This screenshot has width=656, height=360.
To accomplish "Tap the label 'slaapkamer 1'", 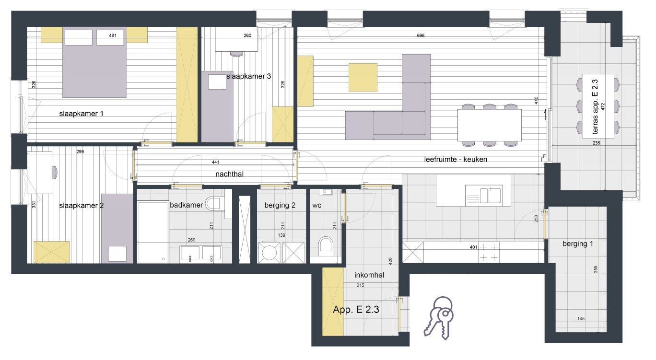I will [81, 114].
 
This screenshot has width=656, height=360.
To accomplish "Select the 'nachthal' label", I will [229, 174].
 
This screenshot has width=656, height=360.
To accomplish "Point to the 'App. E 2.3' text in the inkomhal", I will [356, 310].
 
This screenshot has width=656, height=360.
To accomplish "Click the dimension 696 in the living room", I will [421, 35].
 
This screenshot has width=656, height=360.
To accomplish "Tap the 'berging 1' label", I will [578, 244].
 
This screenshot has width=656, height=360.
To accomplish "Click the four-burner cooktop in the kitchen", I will [489, 252].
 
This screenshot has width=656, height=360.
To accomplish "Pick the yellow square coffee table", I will [363, 77].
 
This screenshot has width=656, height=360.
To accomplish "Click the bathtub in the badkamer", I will [153, 232].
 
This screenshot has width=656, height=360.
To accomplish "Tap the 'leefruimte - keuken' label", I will [456, 159].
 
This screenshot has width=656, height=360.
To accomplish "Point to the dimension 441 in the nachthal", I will [221, 163].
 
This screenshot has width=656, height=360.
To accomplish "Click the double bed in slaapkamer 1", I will [95, 62].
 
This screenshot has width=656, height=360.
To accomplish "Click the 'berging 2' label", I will [280, 205].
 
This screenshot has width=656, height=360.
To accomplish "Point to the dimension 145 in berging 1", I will [581, 319].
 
